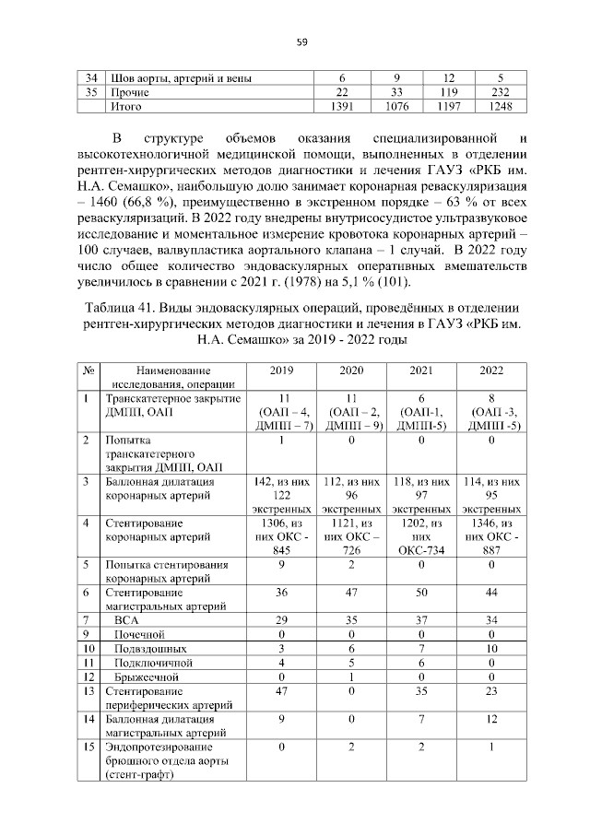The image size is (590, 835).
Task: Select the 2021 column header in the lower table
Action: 420,370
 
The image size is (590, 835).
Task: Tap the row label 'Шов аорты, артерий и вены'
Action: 180,77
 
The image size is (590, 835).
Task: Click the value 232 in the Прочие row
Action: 499,92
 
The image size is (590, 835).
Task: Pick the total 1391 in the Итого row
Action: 341,107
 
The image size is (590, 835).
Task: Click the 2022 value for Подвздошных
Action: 492,649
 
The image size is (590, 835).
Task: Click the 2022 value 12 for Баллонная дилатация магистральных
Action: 492,718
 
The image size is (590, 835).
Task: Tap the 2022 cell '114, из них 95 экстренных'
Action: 492,494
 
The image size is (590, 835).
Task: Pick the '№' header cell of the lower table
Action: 89,370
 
